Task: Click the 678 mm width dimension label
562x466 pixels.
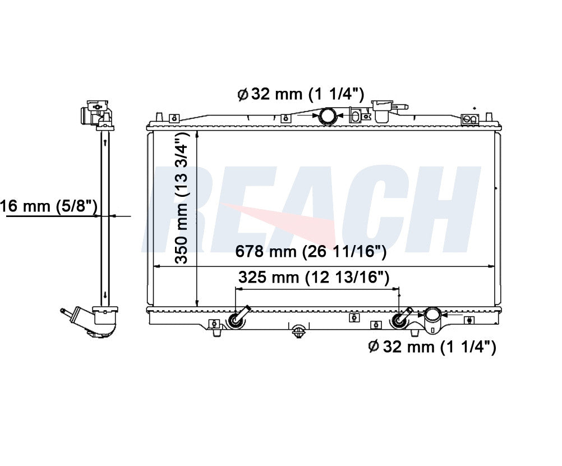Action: coord(311,251)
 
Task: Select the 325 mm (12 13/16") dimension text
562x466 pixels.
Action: coord(314,277)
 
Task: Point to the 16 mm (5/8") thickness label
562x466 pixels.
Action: coord(49,206)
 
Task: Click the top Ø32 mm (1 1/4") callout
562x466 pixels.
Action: coord(301,94)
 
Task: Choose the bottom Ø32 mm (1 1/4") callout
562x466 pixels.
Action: coord(432,347)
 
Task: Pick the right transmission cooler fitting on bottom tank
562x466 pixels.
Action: coord(402,317)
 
